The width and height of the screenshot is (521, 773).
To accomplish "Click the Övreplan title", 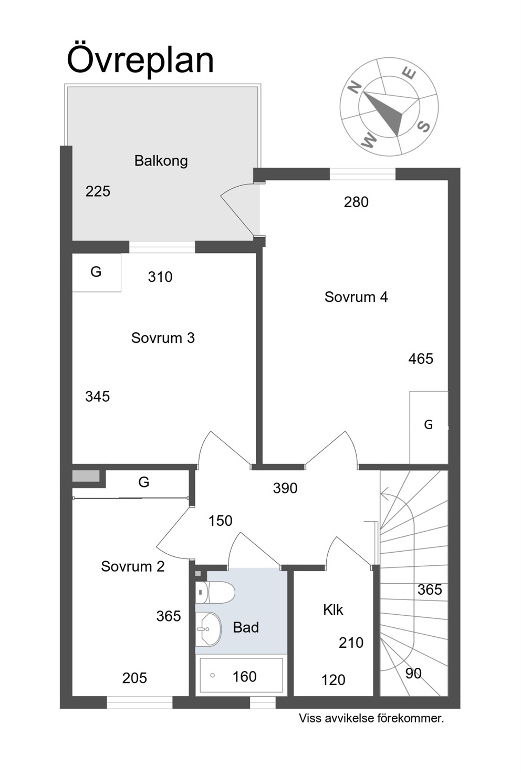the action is (x=140, y=61).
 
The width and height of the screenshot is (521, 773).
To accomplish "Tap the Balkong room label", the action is (x=161, y=161).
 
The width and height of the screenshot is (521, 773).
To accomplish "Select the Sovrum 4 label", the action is (x=356, y=297).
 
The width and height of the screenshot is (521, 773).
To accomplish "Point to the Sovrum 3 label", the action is (x=163, y=338).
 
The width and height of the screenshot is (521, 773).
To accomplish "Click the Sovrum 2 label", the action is (x=133, y=566).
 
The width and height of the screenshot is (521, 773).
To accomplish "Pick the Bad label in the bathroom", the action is (x=246, y=627).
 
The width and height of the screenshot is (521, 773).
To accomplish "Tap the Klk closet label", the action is (x=333, y=610).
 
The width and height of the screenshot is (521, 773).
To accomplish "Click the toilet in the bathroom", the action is (x=215, y=593).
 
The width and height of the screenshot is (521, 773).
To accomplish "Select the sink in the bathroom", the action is (x=208, y=629).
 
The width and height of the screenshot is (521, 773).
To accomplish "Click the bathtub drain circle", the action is (x=213, y=675).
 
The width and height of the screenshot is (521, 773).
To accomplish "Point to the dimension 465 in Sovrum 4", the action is (x=421, y=359).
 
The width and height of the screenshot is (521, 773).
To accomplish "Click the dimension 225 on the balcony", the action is (x=98, y=191).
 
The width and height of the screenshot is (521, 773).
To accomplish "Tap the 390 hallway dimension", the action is (x=285, y=489).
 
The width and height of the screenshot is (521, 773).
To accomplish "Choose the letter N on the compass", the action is (x=354, y=88).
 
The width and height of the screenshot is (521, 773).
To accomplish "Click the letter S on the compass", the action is (x=424, y=127).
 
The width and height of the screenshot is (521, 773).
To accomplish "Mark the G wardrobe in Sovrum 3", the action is (x=96, y=272).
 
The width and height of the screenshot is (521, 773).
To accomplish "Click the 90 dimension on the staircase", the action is (x=413, y=673).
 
